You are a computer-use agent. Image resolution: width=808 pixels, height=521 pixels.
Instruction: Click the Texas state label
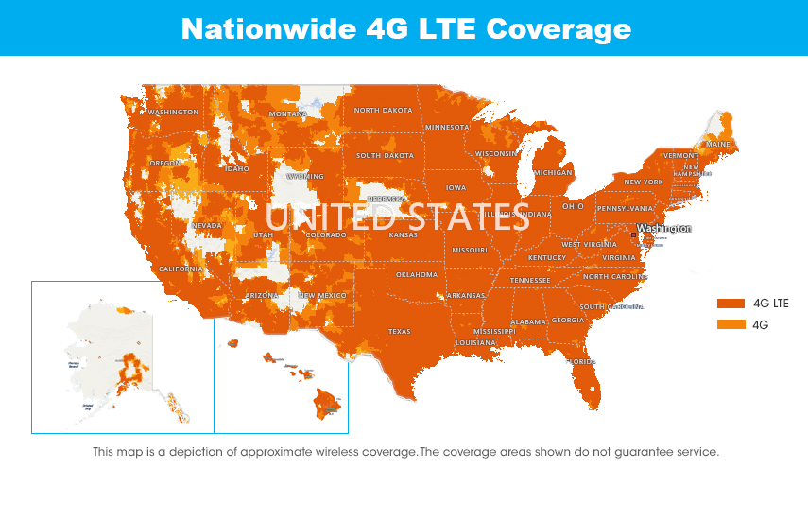click(400, 332)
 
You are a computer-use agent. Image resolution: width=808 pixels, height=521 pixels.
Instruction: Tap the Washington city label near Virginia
click(663, 229)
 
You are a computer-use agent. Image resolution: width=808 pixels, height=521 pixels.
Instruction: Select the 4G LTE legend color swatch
click(731, 304)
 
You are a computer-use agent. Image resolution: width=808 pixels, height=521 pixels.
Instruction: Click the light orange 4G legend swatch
click(731, 324)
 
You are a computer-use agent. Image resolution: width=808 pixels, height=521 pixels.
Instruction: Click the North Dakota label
click(383, 111)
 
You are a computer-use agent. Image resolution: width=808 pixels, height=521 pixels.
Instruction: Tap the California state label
click(181, 269)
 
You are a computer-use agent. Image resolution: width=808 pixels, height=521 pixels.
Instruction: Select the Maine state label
click(718, 145)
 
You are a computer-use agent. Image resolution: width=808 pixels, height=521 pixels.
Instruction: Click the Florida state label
click(580, 362)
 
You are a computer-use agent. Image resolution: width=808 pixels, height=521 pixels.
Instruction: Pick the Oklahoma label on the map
click(417, 275)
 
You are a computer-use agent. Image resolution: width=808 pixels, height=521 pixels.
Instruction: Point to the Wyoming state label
click(305, 177)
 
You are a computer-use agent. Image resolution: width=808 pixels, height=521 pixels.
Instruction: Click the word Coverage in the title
click(558, 28)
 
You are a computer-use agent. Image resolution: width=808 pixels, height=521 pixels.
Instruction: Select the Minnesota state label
click(447, 127)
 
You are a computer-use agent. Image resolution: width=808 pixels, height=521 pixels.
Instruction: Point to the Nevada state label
click(207, 226)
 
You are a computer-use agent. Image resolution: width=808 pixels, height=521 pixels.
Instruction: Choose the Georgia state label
click(568, 321)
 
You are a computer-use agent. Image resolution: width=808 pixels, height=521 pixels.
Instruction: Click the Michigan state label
click(553, 173)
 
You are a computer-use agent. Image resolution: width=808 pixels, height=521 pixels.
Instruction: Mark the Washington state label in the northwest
click(173, 113)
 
